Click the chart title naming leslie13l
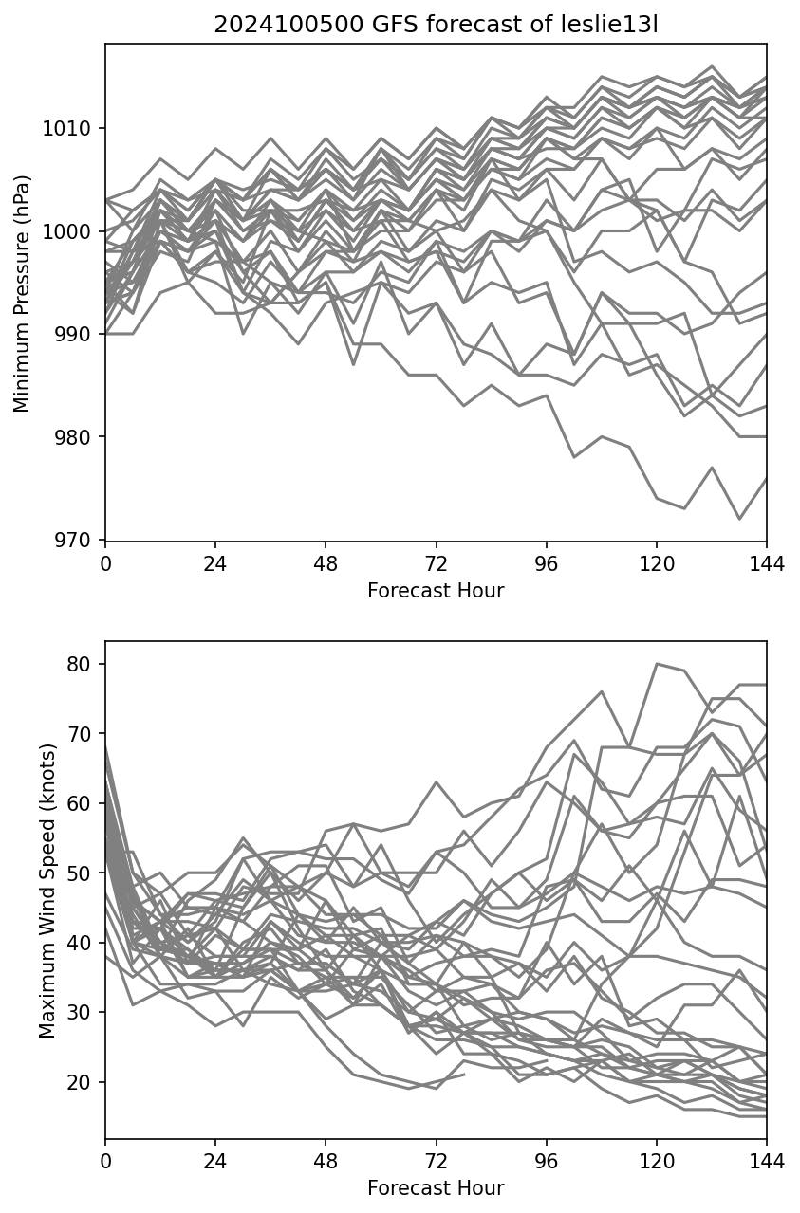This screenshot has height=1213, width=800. point(436,26)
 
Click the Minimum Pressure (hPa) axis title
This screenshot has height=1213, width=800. point(23,293)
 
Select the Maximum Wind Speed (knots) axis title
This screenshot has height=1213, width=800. point(47,890)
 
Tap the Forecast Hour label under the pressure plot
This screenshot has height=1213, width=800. point(436,591)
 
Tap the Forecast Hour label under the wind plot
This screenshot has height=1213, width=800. point(436,1188)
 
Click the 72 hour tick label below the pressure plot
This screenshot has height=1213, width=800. point(436,563)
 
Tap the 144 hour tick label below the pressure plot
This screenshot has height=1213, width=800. point(766,563)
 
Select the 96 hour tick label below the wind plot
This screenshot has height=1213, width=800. point(546,1161)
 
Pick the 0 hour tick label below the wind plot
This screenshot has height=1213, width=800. point(105,1161)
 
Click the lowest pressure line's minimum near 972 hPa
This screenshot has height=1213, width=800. point(739,519)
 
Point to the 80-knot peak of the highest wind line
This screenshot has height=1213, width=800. point(657,664)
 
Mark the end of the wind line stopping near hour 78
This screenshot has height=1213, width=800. point(464,1075)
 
